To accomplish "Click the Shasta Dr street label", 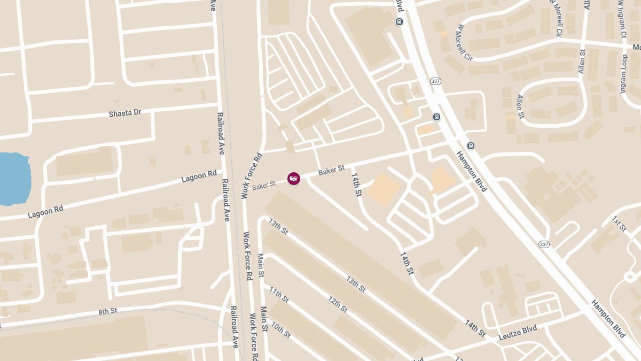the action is coord(125,113).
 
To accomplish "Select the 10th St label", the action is coord(280,329).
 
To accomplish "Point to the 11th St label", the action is coord(279,295).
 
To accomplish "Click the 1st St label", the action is coord(619,224).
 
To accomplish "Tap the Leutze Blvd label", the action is coord(517,333).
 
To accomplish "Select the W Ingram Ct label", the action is coord(621,19).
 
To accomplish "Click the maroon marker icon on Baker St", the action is coord(293,179).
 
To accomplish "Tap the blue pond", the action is coord(12,178).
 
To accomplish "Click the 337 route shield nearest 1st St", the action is coord(544,244).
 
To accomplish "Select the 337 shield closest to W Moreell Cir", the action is coord(435,81).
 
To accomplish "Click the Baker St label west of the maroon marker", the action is coord(264,185).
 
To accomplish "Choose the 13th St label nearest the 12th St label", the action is coord(355,284).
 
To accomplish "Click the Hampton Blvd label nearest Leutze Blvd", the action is coord(607,318).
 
